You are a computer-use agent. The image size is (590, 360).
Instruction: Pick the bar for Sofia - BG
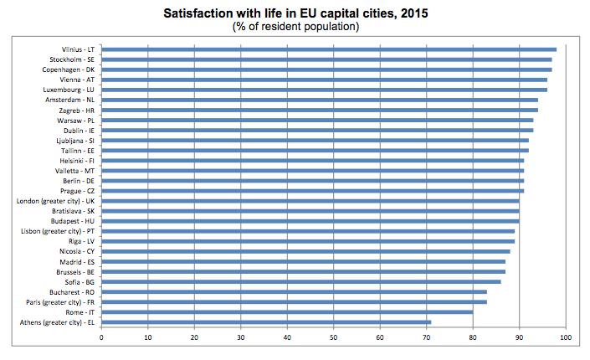301,281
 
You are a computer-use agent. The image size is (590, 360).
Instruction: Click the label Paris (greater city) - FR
61,301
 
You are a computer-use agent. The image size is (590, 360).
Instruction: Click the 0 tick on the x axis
101,337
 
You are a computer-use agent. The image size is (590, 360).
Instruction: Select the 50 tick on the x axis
334,337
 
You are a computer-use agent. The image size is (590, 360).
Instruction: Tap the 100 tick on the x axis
566,337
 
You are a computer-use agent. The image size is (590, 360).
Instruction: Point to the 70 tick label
427,337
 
